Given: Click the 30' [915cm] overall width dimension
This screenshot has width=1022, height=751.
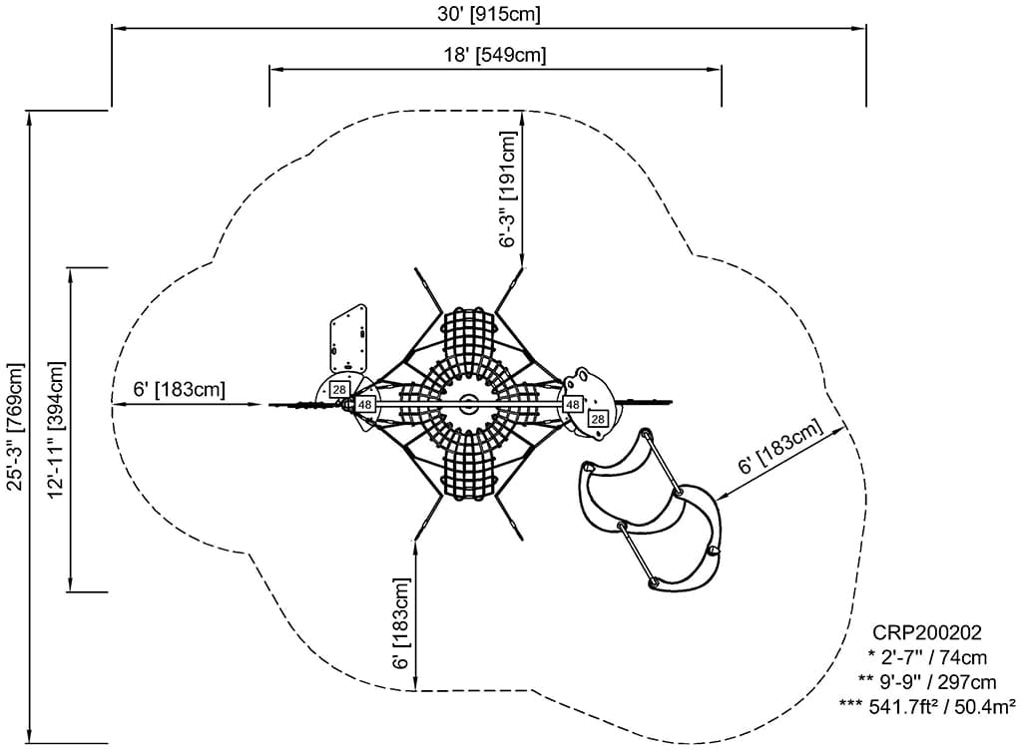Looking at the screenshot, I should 490,14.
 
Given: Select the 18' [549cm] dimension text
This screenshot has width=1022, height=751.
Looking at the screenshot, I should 495,55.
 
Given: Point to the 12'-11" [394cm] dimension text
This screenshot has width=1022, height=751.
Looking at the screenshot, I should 55,429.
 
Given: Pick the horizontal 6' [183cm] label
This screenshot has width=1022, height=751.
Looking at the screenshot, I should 181,389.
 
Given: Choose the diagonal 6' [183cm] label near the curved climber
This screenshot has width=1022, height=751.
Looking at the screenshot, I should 779,448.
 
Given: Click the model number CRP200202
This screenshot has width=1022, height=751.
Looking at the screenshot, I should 927,633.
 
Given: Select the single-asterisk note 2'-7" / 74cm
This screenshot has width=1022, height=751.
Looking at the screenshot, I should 927,657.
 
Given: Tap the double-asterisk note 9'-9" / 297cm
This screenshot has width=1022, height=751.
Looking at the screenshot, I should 927,682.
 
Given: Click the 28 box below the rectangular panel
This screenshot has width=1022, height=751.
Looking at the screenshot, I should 340,389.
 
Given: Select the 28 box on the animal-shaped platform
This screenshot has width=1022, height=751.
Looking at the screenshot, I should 597,419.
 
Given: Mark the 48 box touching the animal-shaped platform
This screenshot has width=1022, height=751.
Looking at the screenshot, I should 573,404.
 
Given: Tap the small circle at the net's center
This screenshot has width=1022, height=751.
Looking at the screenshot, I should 466,404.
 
